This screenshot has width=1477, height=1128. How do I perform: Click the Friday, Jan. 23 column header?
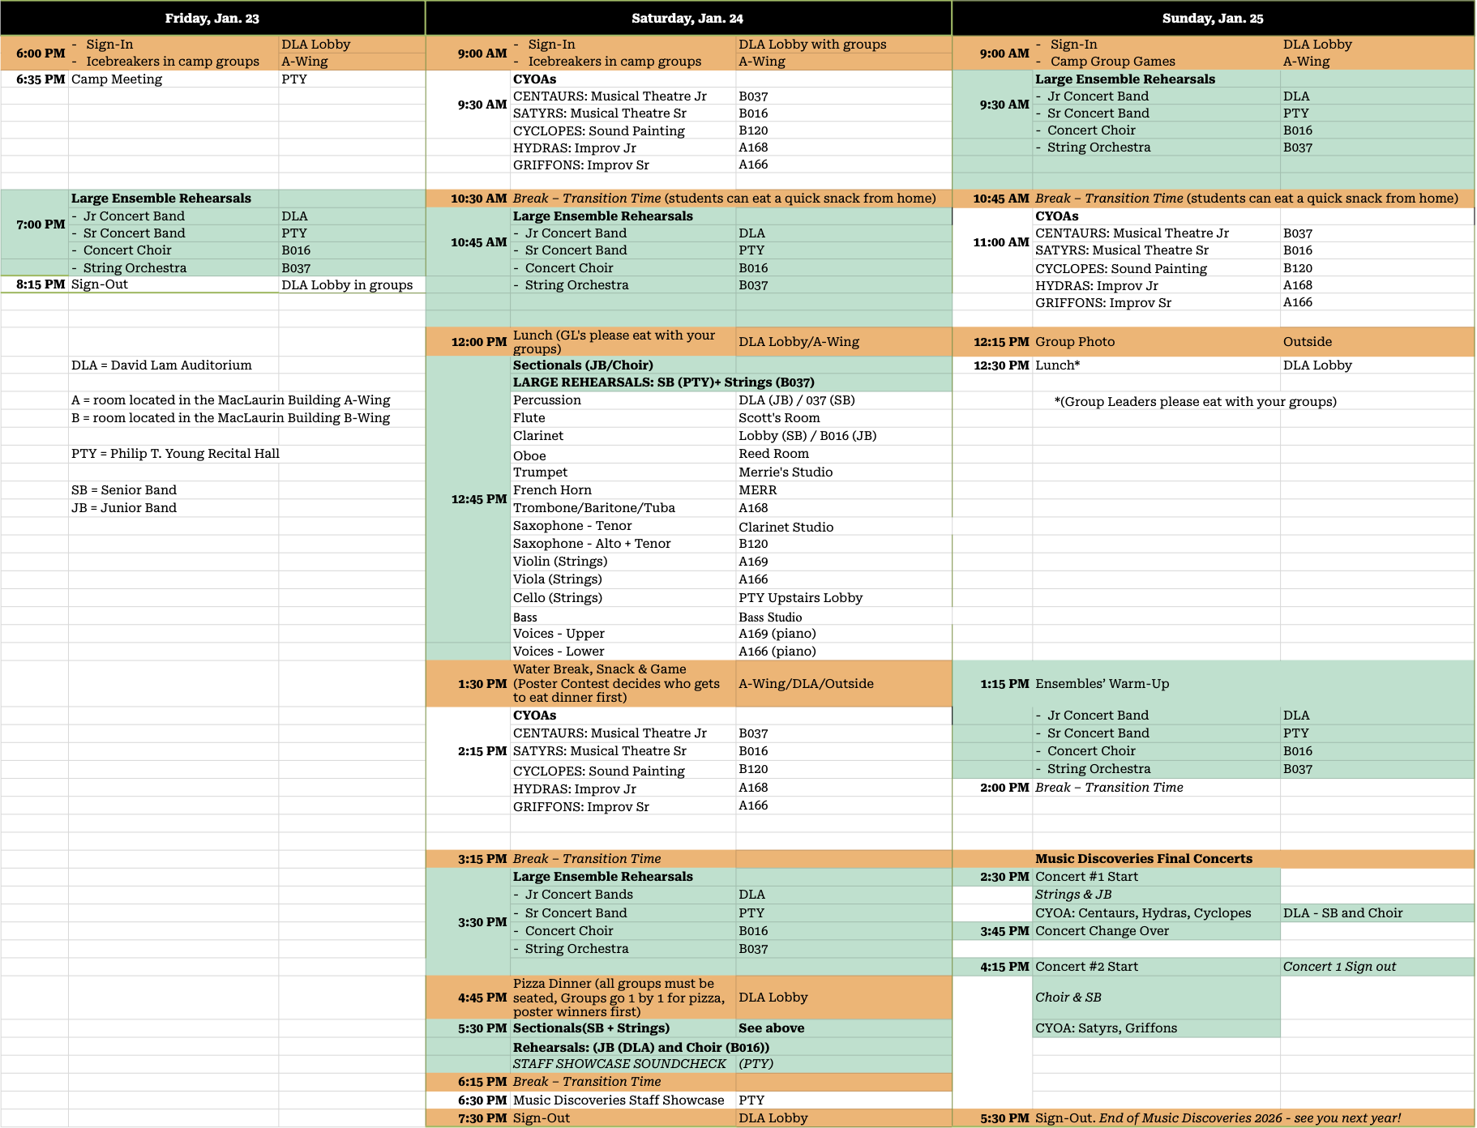212,18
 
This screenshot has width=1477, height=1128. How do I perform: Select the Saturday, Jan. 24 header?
687,18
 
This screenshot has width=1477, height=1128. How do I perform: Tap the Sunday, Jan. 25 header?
1212,18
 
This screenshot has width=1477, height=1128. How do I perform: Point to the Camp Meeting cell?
117,79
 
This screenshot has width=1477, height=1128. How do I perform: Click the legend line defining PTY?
175,454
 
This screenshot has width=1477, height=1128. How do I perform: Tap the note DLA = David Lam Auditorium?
161,365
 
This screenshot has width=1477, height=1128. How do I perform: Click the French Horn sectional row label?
552,490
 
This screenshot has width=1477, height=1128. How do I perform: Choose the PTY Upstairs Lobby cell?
800,598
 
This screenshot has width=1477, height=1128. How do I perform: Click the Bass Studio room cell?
770,617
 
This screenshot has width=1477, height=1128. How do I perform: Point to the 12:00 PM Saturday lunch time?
478,342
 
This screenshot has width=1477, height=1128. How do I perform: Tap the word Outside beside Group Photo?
1307,342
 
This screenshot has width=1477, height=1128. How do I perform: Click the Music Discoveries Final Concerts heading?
1143,859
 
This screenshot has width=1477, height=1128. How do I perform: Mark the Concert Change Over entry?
1102,931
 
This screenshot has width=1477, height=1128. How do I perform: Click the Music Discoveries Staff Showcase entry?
619,1100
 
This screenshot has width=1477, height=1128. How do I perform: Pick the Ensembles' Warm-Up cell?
1102,684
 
